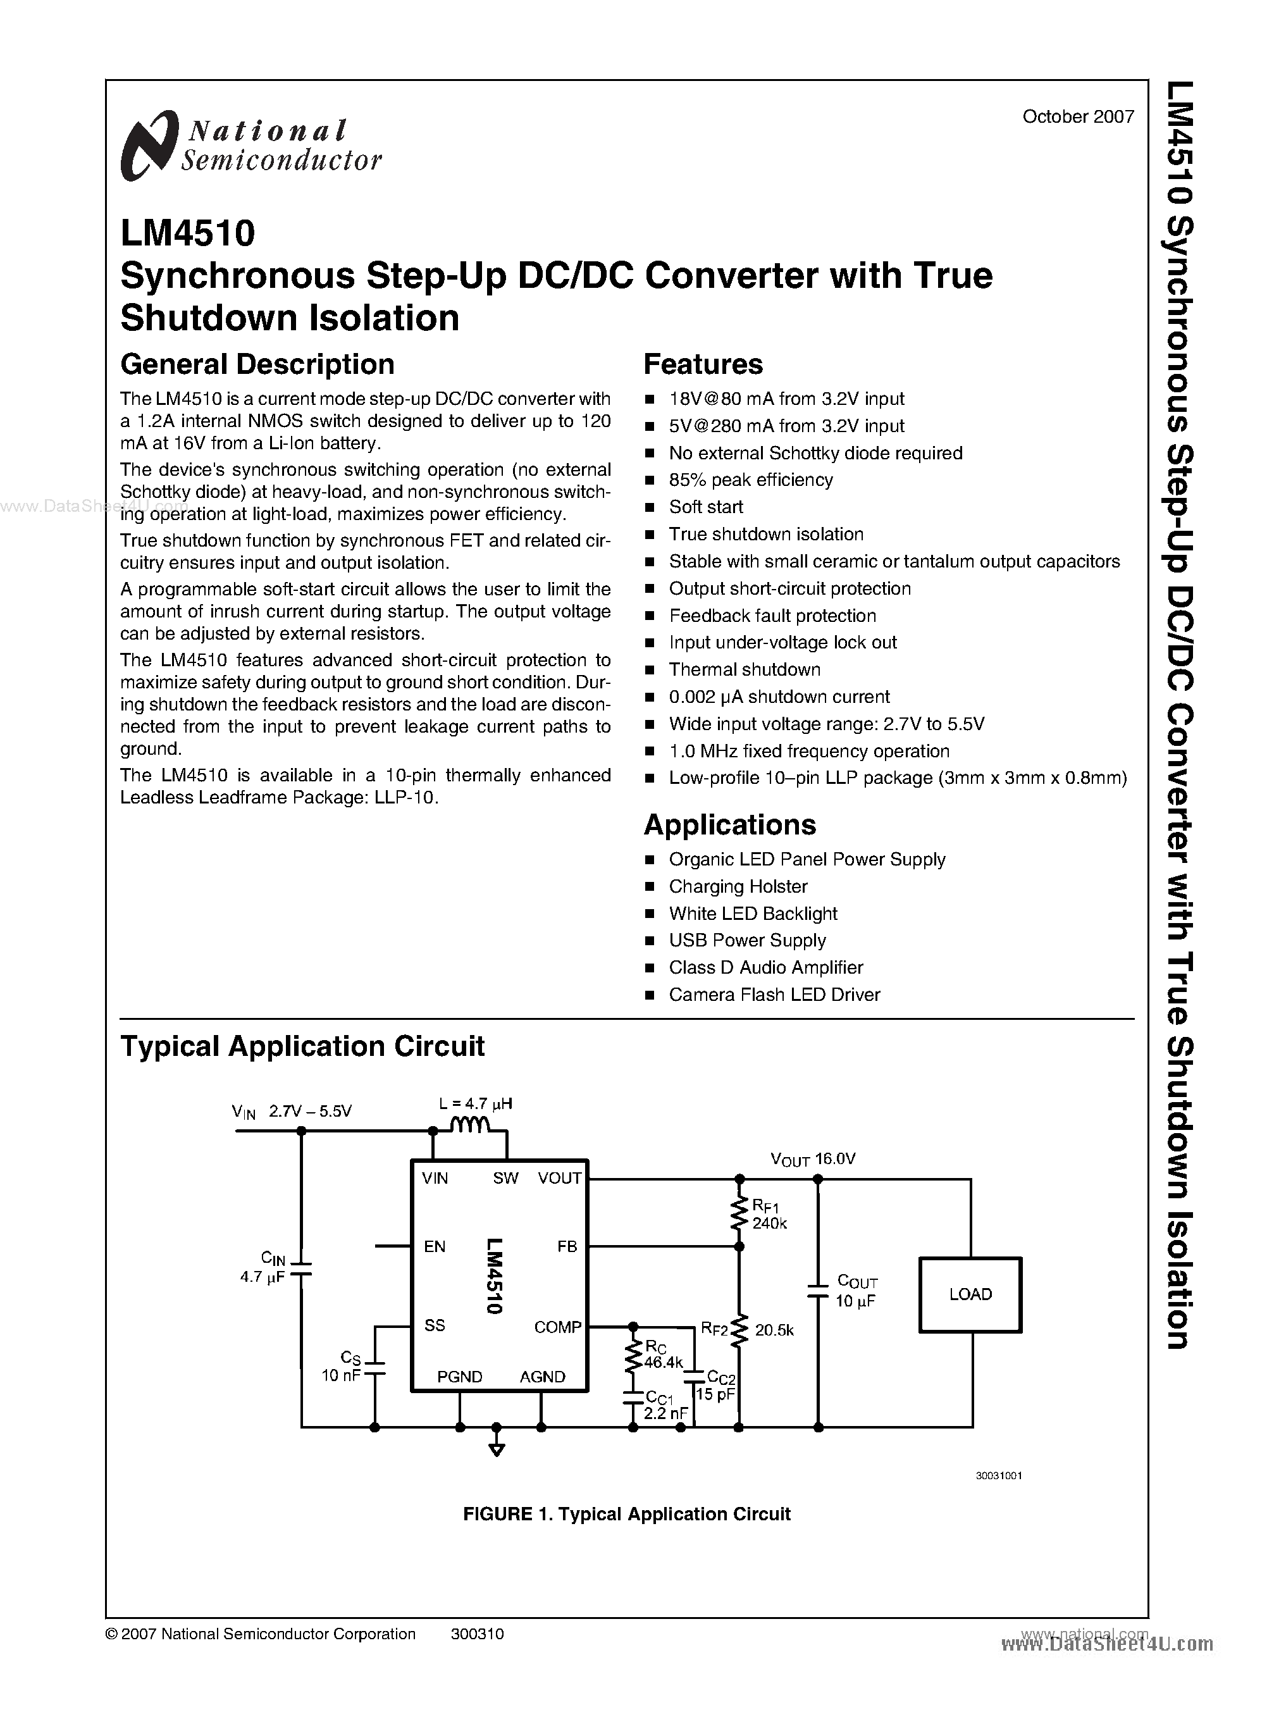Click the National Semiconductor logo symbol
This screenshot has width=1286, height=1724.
point(148,146)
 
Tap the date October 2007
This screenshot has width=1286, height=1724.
point(1077,117)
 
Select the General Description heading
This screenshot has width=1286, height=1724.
point(257,364)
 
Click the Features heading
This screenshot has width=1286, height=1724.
point(703,364)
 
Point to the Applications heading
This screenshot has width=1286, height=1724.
point(729,824)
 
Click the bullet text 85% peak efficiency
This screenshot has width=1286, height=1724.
point(750,480)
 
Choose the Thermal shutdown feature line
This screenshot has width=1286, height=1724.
point(744,669)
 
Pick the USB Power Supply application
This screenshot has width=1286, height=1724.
point(746,941)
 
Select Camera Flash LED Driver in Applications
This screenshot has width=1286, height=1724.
point(774,995)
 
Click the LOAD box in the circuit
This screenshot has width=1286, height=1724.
point(970,1294)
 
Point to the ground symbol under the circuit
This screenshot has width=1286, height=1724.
point(497,1449)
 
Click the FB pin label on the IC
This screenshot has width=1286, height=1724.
point(567,1247)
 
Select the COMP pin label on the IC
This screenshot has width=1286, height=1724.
point(557,1327)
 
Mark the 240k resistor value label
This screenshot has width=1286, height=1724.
point(769,1224)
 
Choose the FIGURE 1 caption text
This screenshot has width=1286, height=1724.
point(627,1514)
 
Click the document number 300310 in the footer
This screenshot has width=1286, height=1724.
point(477,1634)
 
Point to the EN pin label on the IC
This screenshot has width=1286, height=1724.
point(435,1247)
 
